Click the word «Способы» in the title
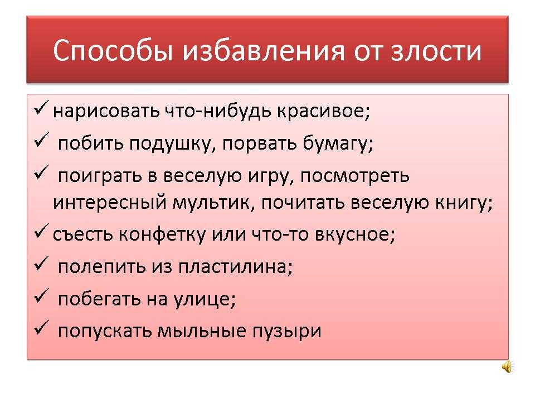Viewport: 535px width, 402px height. click(x=113, y=51)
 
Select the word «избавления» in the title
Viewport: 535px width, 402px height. click(x=264, y=51)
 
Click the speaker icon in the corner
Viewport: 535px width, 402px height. click(x=507, y=367)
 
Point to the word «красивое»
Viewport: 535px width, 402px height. click(x=323, y=111)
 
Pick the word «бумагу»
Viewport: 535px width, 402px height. click(x=338, y=144)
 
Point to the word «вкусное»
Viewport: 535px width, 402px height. click(x=355, y=234)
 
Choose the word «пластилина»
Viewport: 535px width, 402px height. click(x=235, y=267)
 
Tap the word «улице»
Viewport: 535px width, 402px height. click(x=205, y=299)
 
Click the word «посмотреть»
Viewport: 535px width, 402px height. click(x=355, y=176)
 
